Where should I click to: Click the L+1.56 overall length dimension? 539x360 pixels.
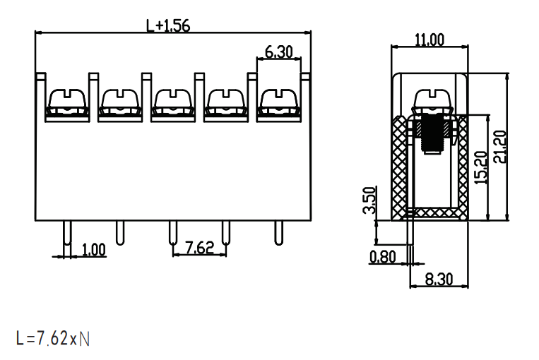coord(168,25)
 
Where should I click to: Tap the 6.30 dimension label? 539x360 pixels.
coord(279,52)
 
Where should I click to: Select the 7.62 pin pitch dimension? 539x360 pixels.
coord(199,248)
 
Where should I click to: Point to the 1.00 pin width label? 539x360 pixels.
coord(94,250)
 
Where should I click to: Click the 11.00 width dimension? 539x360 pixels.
coord(430,40)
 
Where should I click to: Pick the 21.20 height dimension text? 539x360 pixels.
coord(500,147)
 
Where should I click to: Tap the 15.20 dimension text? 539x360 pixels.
coord(481,167)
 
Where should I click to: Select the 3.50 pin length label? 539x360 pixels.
coord(369,200)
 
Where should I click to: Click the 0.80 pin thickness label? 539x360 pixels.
coord(383,257)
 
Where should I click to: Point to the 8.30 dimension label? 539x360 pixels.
coord(439,280)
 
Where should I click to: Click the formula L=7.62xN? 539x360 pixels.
coord(53,338)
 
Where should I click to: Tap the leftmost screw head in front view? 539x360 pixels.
coord(67,99)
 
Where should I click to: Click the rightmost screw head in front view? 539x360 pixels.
coord(279,99)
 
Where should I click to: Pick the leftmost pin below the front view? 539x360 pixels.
coord(67,233)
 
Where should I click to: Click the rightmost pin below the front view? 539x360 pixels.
coord(279,233)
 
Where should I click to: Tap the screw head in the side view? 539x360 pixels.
coord(432,99)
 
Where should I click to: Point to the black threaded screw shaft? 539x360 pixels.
coord(432,133)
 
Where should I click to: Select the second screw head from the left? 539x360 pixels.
coord(120,99)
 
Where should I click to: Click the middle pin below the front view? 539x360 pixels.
coord(173,233)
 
